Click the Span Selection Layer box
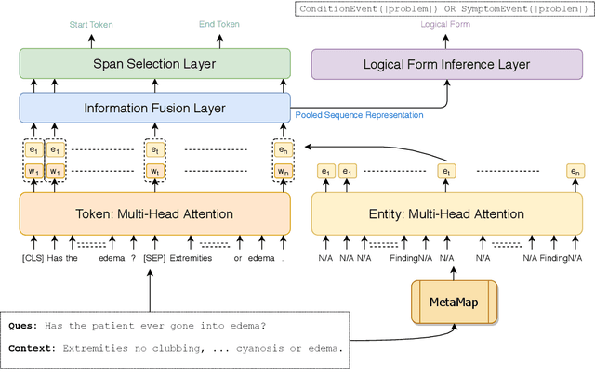[154, 64]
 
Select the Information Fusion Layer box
[154, 108]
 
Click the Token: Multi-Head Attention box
[153, 213]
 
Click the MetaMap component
[454, 301]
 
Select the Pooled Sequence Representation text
[359, 115]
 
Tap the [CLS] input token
[33, 258]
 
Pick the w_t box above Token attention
[154, 171]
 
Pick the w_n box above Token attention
[282, 171]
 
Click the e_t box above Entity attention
[446, 171]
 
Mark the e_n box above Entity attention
[575, 171]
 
